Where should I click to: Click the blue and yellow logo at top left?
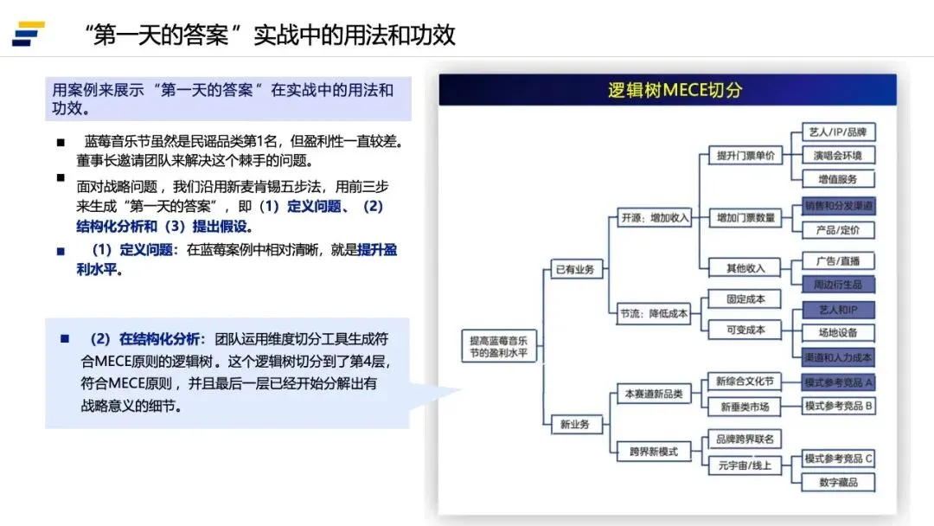(28, 34)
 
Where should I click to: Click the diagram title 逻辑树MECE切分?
(675, 90)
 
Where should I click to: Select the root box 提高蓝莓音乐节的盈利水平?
(497, 346)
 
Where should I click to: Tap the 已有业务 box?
(574, 269)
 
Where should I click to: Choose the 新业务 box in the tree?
(574, 424)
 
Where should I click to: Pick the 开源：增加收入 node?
(655, 217)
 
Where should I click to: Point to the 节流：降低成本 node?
(654, 313)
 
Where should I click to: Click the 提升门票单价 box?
(745, 156)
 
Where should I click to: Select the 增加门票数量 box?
(745, 217)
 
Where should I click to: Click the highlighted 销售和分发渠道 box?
(837, 206)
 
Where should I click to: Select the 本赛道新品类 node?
(654, 394)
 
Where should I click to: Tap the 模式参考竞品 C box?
(837, 459)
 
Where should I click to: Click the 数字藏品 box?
(837, 482)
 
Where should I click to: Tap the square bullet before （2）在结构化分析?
(64, 338)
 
